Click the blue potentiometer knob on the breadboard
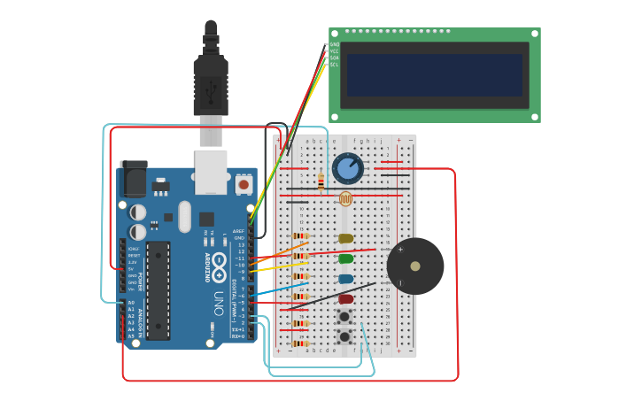[x=347, y=167]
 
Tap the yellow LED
[x=345, y=238]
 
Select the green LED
[x=345, y=258]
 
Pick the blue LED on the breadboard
[x=345, y=279]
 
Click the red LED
[x=345, y=299]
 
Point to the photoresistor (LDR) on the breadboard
[x=345, y=198]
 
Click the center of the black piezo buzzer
[x=415, y=266]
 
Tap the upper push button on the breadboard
[x=344, y=317]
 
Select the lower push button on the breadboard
[x=344, y=336]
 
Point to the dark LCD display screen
[x=434, y=75]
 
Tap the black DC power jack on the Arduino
[x=133, y=180]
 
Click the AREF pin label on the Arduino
[x=238, y=231]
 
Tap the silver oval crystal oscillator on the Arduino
[x=184, y=216]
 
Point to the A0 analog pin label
[x=131, y=303]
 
